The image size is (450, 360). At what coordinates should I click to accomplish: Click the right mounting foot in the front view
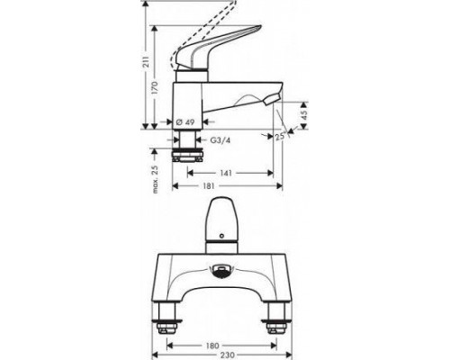[276, 317]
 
